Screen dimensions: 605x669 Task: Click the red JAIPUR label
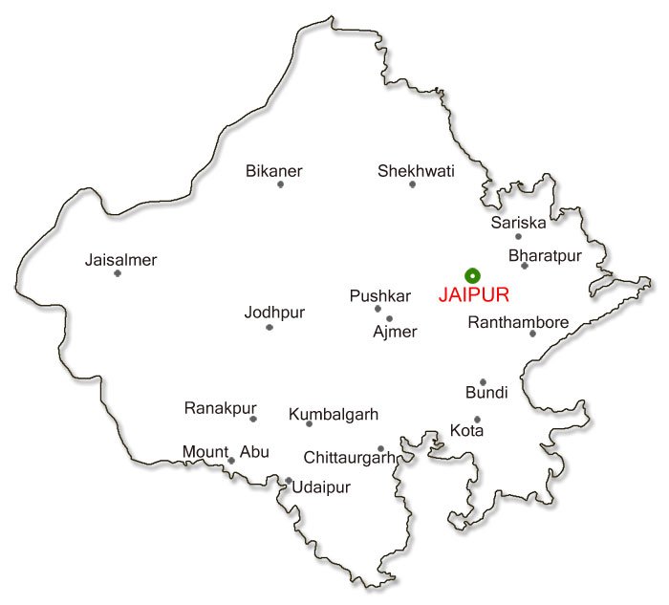pos(473,295)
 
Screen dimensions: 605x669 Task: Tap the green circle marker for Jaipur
pos(470,274)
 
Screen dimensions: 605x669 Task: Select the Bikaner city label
pos(273,171)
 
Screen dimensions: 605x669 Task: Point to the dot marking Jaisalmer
pos(118,273)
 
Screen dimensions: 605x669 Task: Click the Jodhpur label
pos(273,313)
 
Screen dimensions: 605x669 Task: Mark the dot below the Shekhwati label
pos(413,184)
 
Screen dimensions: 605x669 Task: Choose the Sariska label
pos(518,223)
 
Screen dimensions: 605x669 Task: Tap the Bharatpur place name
pos(544,255)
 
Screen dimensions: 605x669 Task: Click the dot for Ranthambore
pos(532,334)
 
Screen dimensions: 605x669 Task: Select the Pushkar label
pos(379,296)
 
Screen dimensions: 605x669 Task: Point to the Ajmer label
pos(395,332)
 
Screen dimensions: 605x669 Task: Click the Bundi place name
pos(486,393)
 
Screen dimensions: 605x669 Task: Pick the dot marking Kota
pos(477,419)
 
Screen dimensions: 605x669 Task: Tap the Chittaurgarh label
pos(349,458)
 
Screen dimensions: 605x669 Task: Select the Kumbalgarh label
pos(334,415)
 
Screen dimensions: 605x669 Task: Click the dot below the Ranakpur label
pos(253,419)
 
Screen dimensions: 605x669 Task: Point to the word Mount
pos(205,452)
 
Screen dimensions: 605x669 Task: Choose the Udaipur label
pos(321,487)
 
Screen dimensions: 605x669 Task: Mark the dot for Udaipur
pos(288,481)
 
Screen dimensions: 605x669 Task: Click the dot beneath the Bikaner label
pos(280,184)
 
